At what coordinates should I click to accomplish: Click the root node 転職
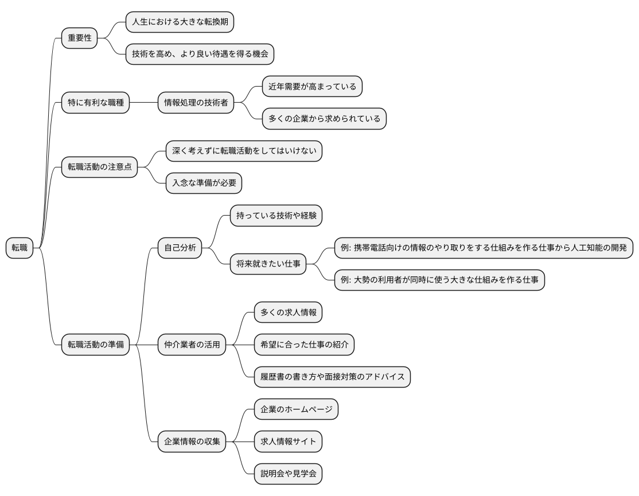(x=20, y=248)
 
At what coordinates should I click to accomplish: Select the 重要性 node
(x=80, y=38)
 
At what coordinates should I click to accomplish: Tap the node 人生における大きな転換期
(x=180, y=22)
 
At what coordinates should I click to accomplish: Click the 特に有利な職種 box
(x=95, y=103)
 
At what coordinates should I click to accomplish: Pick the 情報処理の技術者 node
(x=196, y=103)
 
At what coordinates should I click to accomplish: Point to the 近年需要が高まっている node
(x=312, y=87)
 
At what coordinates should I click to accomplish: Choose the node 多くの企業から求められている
(x=324, y=119)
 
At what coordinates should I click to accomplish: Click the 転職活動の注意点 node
(x=100, y=167)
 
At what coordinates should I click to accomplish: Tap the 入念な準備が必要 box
(x=204, y=183)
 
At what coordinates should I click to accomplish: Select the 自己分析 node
(x=180, y=248)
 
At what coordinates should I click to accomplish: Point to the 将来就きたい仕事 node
(x=268, y=264)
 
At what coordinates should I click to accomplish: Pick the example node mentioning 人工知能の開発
(x=484, y=248)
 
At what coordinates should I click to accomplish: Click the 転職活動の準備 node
(x=95, y=345)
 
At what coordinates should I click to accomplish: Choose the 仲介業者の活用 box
(x=192, y=345)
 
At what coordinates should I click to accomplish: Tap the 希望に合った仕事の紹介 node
(x=304, y=345)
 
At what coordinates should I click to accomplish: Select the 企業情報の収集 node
(x=192, y=441)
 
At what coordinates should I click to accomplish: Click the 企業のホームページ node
(x=296, y=409)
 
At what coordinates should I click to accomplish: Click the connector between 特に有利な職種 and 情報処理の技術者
(x=143, y=103)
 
